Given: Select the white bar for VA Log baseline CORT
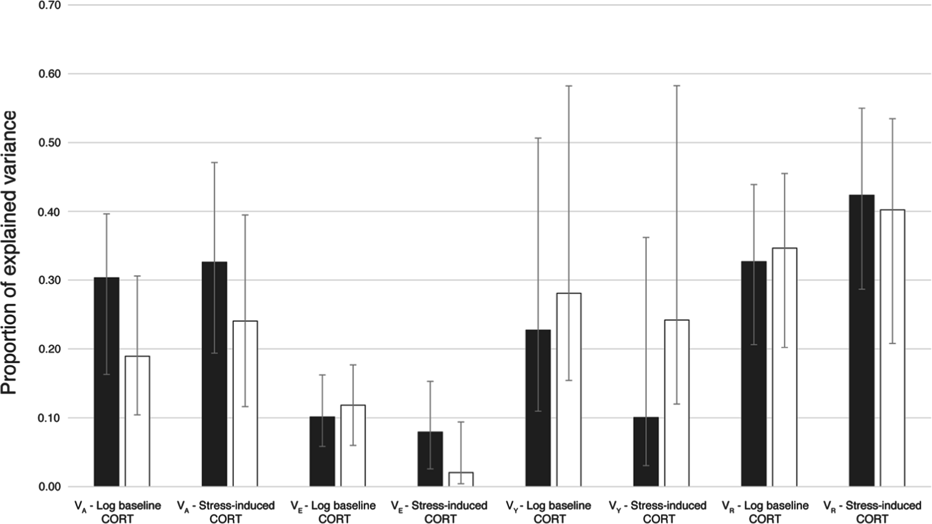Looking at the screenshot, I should (137, 421).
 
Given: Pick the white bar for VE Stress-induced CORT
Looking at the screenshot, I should (461, 479).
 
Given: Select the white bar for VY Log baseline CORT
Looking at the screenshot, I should (569, 389).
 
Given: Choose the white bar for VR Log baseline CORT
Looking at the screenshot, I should (784, 367).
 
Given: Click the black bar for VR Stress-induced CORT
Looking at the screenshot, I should (862, 341).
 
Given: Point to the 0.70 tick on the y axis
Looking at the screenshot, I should (50, 5).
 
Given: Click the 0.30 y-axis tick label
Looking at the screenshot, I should (50, 280).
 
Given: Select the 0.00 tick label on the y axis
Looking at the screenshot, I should (50, 487).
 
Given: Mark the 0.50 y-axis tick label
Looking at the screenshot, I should (50, 143).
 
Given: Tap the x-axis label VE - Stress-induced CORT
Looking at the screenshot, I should (439, 512).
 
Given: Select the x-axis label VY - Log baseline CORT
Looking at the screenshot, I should (549, 512).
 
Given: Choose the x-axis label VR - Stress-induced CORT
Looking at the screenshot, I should (872, 512).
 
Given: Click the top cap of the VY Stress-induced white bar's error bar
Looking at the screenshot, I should (677, 86).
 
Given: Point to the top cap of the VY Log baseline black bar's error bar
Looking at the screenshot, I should (538, 138).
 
